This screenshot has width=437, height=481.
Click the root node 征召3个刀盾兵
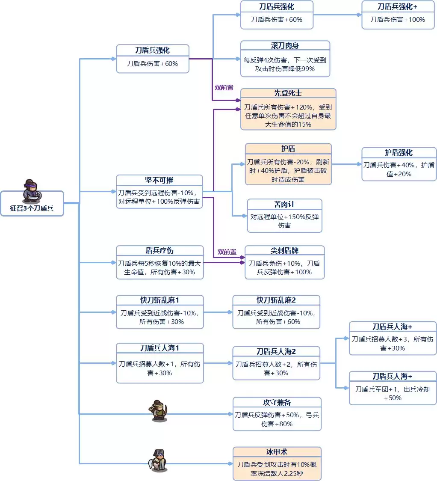click(x=32, y=209)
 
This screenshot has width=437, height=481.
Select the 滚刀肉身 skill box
click(x=285, y=59)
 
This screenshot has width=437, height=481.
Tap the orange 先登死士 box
click(x=288, y=109)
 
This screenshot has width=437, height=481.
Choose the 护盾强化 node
click(x=399, y=164)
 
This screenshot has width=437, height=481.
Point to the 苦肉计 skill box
click(x=284, y=216)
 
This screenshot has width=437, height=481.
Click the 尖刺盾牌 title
click(x=284, y=250)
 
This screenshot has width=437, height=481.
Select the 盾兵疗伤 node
click(x=159, y=262)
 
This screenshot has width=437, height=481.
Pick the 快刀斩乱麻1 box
click(x=159, y=312)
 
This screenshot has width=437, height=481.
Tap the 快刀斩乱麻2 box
click(x=276, y=312)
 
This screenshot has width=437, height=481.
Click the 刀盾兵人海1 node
click(x=159, y=363)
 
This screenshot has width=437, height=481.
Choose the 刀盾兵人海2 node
click(x=276, y=363)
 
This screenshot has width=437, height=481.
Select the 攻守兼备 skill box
click(x=277, y=414)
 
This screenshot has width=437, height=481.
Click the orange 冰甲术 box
click(x=277, y=463)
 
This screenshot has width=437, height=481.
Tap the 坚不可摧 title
click(x=159, y=180)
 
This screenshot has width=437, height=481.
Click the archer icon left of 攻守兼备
click(x=159, y=410)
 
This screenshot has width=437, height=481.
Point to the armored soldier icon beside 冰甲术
click(x=158, y=460)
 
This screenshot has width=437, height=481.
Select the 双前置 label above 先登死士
click(x=224, y=87)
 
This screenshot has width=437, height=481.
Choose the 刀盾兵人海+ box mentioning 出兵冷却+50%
click(x=393, y=388)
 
